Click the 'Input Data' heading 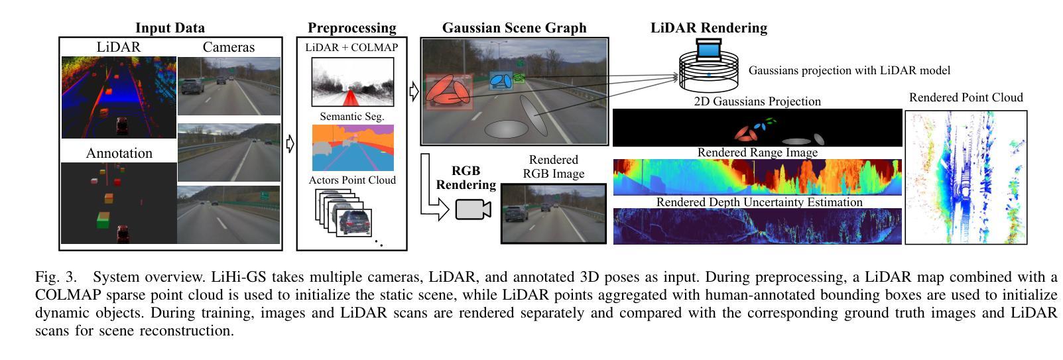click(x=170, y=28)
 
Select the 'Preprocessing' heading click(x=351, y=28)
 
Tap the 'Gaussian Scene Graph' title click(x=514, y=28)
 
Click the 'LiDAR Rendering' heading click(x=708, y=28)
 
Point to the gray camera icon click(x=473, y=209)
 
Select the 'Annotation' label click(x=119, y=153)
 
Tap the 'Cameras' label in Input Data click(x=229, y=47)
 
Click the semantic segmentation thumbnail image click(x=352, y=147)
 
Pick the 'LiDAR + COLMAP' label click(x=351, y=48)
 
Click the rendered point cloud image click(x=966, y=177)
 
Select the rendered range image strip click(x=757, y=177)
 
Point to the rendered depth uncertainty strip click(x=757, y=226)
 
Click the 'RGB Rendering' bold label click(x=465, y=178)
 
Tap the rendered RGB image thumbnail click(x=553, y=213)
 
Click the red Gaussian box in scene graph click(x=449, y=91)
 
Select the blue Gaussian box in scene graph click(x=501, y=81)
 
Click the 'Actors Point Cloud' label click(x=351, y=180)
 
